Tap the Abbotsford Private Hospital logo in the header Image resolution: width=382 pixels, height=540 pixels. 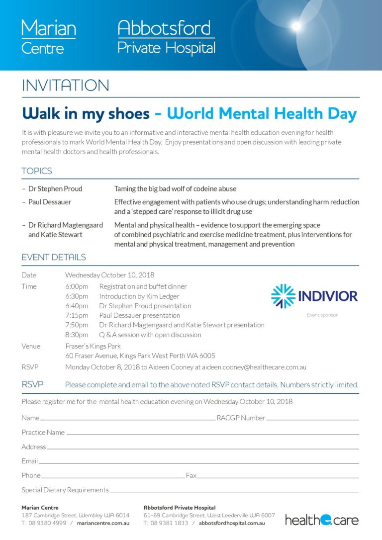tap(166, 37)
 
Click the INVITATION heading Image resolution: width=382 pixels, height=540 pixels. tap(65, 86)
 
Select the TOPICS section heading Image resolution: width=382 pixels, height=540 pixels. tap(37, 171)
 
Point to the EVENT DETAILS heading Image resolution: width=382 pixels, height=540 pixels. tap(54, 257)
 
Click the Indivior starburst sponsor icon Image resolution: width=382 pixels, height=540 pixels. tap(283, 296)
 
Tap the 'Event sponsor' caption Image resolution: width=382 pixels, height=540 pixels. tap(322, 315)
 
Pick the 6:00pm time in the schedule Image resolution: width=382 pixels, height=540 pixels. tap(77, 286)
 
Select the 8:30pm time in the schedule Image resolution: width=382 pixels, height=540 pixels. tap(77, 335)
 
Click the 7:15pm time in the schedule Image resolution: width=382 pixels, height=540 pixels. tap(77, 315)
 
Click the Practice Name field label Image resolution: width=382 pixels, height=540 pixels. tap(43, 432)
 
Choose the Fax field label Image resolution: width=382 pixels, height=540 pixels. tap(191, 475)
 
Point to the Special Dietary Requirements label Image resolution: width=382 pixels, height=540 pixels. tap(65, 490)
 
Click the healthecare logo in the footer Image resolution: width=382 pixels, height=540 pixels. tap(321, 520)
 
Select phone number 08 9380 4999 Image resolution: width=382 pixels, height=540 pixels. tap(47, 523)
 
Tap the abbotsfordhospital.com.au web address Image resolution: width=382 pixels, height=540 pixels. tap(232, 523)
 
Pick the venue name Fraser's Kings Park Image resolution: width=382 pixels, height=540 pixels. tap(93, 346)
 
